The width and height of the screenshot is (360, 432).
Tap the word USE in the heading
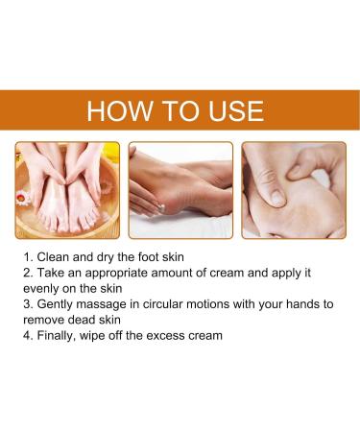coord(236,110)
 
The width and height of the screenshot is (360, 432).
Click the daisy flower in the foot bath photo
coord(22,198)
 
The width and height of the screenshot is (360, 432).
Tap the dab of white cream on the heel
coord(162,207)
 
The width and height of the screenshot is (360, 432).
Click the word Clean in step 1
coord(53,257)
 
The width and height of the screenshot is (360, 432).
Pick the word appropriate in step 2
coord(116,274)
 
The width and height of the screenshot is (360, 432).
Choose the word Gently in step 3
coord(55,304)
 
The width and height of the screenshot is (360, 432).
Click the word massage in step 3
coord(101,305)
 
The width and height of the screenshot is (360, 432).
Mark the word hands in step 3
coord(300,304)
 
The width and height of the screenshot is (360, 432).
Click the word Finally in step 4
coord(57,336)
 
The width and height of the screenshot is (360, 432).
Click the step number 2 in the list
coord(27,273)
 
